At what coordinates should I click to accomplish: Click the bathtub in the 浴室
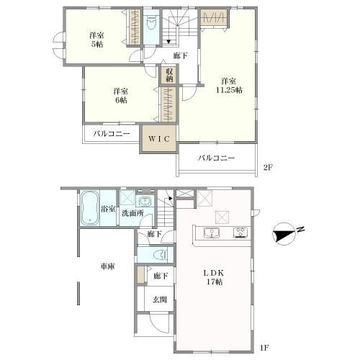click(89, 208)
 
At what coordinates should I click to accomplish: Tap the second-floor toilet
click(151, 23)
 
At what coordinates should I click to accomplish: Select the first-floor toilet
click(161, 255)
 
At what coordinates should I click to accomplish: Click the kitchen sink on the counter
click(212, 233)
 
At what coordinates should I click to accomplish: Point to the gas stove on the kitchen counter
click(240, 233)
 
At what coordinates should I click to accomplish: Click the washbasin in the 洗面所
click(145, 201)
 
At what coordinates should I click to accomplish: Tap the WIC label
click(159, 139)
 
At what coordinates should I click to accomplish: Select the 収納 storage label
click(169, 75)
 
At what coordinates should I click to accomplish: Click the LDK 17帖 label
click(215, 277)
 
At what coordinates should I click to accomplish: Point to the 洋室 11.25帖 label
click(229, 86)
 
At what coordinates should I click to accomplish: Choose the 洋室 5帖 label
click(96, 40)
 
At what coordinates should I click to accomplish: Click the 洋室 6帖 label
click(121, 96)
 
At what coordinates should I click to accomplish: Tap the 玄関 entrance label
click(160, 300)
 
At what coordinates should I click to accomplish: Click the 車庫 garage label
click(108, 266)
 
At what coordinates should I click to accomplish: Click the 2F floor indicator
click(269, 167)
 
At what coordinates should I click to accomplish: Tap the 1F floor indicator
click(264, 348)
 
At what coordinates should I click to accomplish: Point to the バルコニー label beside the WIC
click(112, 134)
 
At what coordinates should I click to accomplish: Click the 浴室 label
click(108, 209)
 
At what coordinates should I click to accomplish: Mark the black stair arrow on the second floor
click(168, 42)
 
